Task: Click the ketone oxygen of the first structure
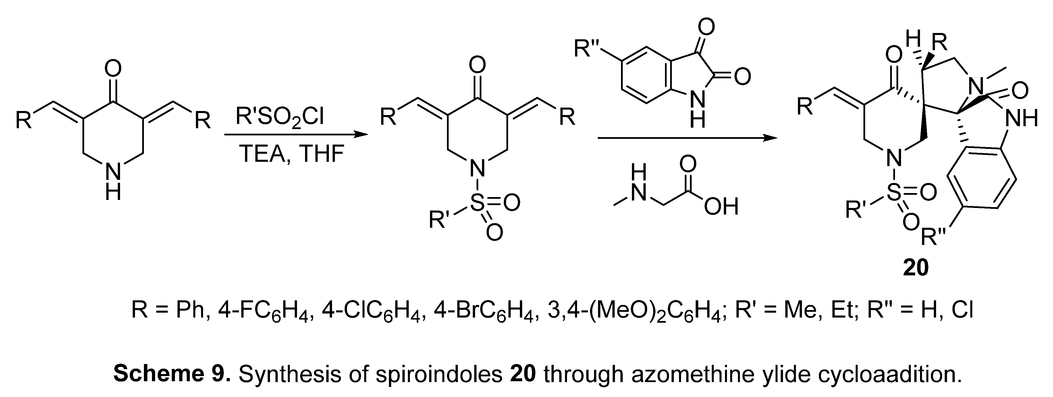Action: (x=113, y=68)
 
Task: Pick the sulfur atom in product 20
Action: (x=894, y=193)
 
